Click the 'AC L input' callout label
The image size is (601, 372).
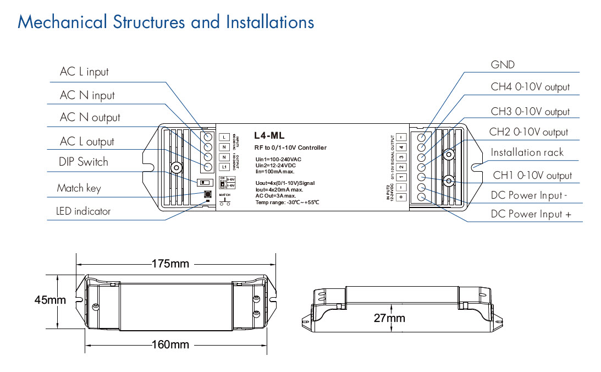pyautogui.click(x=84, y=72)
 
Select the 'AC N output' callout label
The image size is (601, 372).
pyautogui.click(x=90, y=117)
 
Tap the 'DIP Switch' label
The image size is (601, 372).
pyautogui.click(x=84, y=162)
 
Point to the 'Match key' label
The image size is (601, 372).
pyautogui.click(x=79, y=188)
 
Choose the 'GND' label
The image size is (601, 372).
pyautogui.click(x=503, y=65)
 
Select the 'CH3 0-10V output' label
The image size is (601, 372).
pyautogui.click(x=530, y=112)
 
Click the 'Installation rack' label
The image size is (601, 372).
pyautogui.click(x=527, y=152)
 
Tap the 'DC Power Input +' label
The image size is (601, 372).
pyautogui.click(x=530, y=214)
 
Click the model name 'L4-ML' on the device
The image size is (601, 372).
pyautogui.click(x=269, y=135)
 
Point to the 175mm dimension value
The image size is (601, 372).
pyautogui.click(x=170, y=264)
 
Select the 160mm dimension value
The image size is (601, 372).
pyautogui.click(x=170, y=345)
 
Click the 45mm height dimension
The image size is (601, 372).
pyautogui.click(x=50, y=300)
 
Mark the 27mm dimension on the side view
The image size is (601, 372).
pyautogui.click(x=389, y=318)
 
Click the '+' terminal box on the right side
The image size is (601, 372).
pyautogui.click(x=401, y=196)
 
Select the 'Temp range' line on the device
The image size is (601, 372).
pyautogui.click(x=280, y=203)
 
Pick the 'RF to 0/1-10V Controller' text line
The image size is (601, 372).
pyautogui.click(x=290, y=147)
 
